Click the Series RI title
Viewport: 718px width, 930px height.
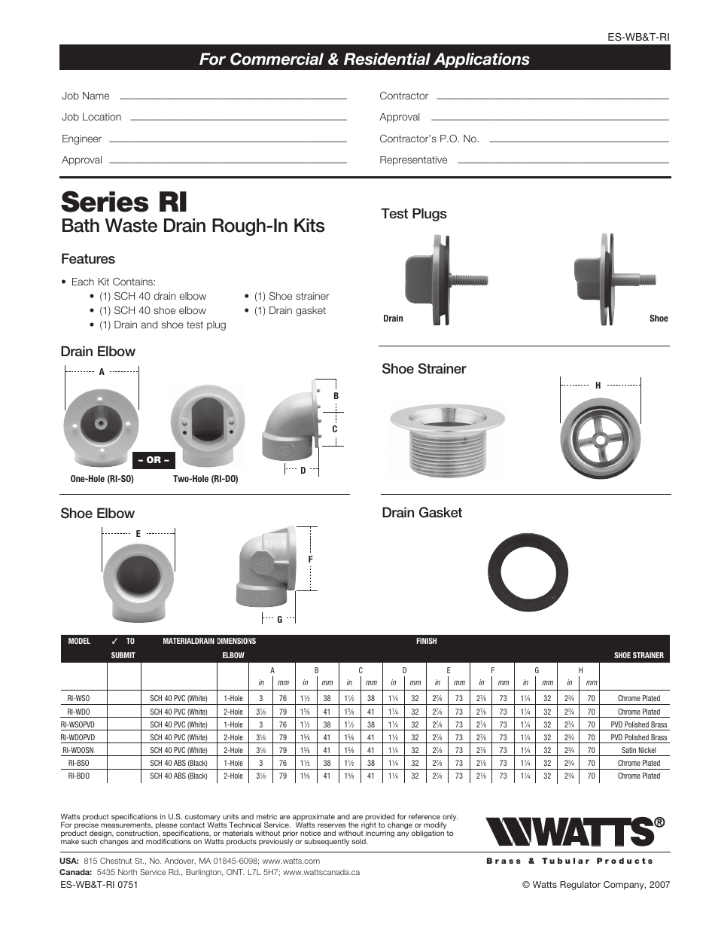[124, 202]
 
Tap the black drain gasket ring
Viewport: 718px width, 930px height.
[527, 573]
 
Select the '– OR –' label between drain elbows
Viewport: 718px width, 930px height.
[154, 460]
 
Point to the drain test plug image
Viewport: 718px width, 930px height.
[444, 279]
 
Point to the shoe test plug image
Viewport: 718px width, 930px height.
[610, 279]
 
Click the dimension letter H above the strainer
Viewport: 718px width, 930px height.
[598, 386]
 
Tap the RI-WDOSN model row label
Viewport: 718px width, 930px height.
[78, 750]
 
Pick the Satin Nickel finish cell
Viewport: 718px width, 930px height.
[638, 750]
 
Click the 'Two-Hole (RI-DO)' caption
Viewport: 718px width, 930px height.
[205, 479]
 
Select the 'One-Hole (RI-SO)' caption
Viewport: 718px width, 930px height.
[102, 479]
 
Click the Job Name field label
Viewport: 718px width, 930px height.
[86, 96]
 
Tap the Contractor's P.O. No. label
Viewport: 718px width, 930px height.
[429, 139]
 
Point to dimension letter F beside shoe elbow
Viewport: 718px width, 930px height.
[310, 560]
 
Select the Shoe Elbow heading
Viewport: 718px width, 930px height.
[97, 514]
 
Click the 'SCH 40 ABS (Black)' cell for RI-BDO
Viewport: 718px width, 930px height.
[178, 776]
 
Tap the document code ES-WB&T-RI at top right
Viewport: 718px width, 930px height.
[638, 37]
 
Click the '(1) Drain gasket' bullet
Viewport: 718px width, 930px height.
[290, 310]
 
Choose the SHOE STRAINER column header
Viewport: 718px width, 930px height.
[638, 655]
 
